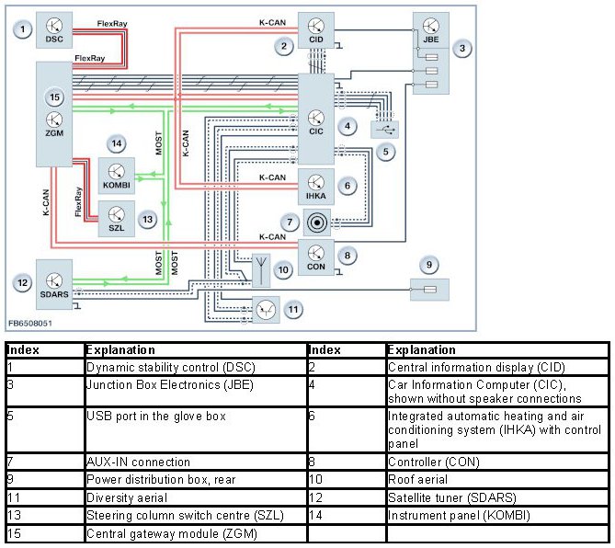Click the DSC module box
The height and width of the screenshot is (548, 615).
click(x=53, y=30)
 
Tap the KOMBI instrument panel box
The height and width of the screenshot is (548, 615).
click(x=117, y=174)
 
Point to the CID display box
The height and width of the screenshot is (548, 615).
click(x=315, y=31)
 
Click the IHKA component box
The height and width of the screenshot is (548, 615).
click(x=315, y=186)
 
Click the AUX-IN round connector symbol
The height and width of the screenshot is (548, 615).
click(x=319, y=222)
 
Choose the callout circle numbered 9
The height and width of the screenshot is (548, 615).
click(x=427, y=265)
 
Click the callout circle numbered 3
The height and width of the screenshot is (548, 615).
click(x=463, y=48)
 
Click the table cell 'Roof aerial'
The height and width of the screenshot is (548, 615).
click(x=495, y=479)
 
